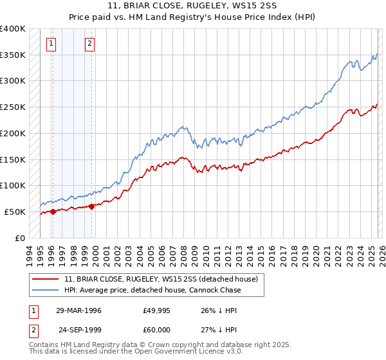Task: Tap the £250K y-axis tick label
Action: coord(13,107)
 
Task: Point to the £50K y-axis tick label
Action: coord(15,212)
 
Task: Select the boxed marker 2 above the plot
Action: coord(89,44)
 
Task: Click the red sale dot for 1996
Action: coord(53,212)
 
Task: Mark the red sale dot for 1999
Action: coord(91,206)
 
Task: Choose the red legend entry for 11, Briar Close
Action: coord(161,279)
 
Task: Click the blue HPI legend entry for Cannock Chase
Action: coord(151,290)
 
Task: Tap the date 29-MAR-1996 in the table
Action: coord(78,310)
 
